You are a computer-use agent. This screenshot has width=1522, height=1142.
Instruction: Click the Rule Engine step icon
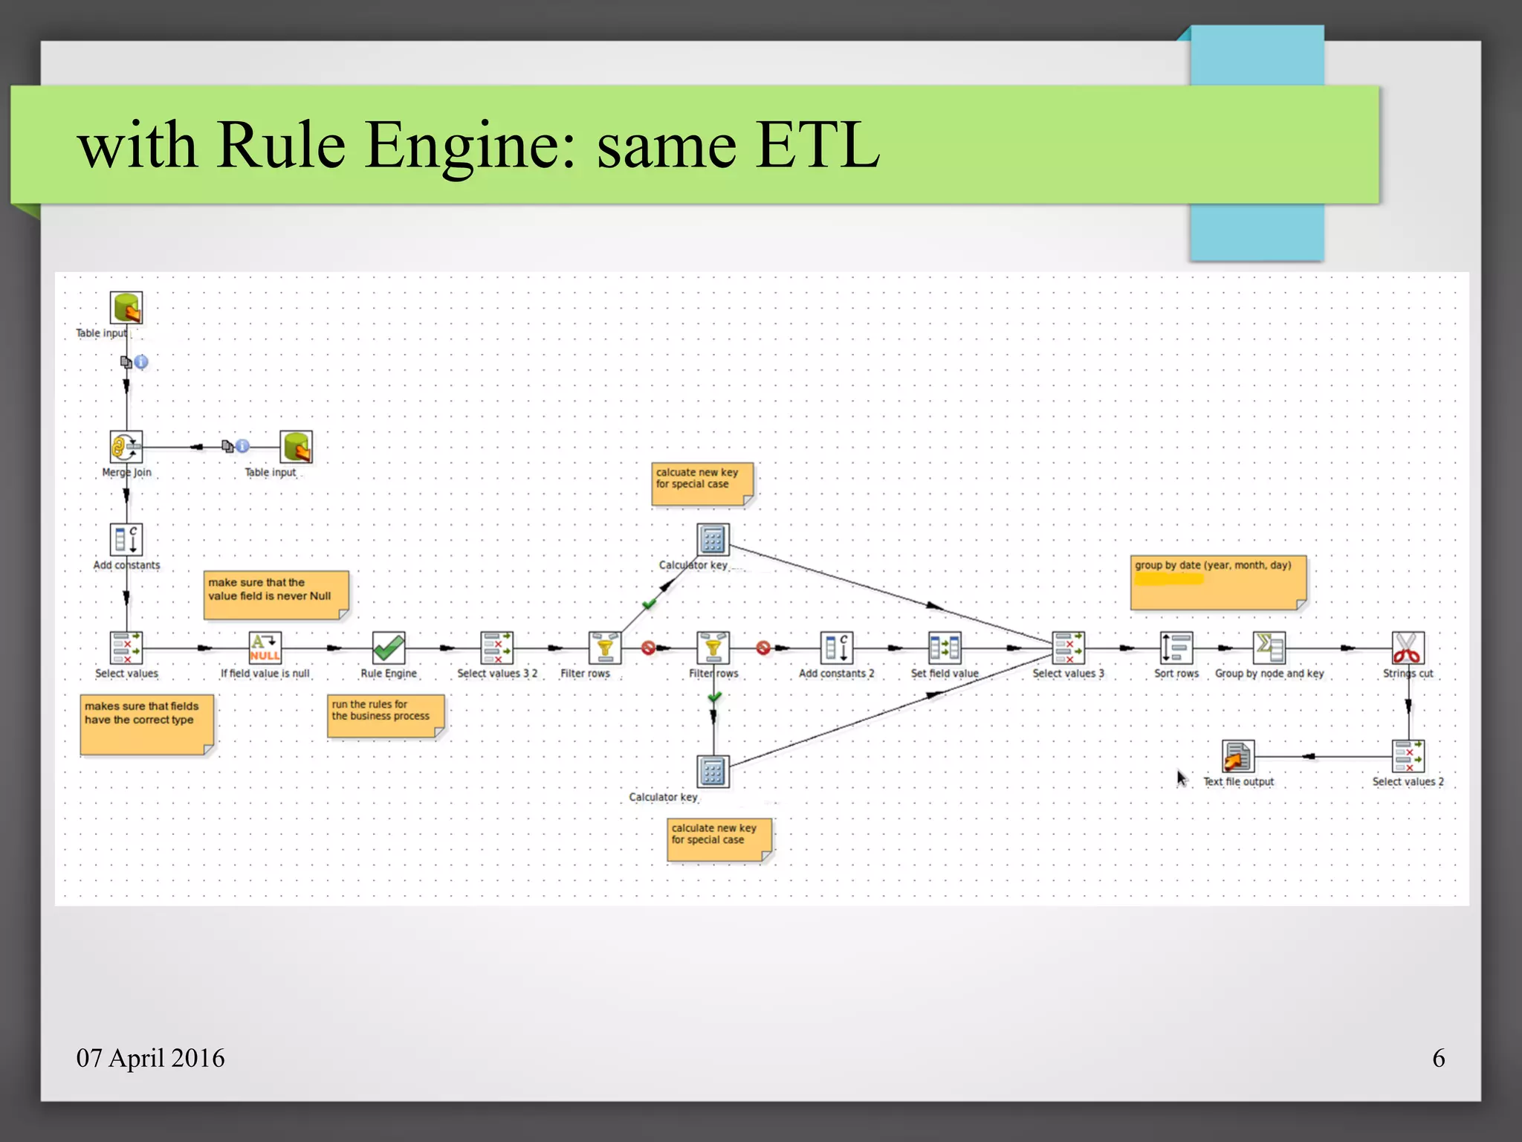coord(389,648)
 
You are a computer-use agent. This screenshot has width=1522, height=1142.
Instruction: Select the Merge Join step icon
coord(126,447)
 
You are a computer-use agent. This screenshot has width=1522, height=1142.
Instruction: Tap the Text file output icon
coord(1238,756)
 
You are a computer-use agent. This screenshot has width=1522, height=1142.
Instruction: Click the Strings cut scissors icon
coord(1408,648)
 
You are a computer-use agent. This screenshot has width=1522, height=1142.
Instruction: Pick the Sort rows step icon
coord(1176,648)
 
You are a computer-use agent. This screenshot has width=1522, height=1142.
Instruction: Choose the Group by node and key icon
coord(1269,648)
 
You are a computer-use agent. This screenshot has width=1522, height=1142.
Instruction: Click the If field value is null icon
coord(265,648)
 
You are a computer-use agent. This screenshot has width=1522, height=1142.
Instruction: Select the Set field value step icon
coord(945,648)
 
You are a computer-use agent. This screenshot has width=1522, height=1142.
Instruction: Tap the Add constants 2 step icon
coord(837,648)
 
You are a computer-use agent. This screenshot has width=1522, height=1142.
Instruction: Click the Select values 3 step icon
coord(1069,648)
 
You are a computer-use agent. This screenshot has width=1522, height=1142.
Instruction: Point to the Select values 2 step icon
coord(1408,756)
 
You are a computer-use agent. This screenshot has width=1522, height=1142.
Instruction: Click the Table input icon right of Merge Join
coord(297,447)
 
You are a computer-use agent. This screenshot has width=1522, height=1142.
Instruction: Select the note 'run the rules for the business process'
coord(385,715)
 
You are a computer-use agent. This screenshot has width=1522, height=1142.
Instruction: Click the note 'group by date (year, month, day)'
coord(1217,582)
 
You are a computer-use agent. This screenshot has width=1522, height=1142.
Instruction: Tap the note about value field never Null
coord(276,594)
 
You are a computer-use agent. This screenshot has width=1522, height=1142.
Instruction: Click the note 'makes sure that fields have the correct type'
coord(146,723)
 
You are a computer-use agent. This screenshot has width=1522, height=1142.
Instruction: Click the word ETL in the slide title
coord(817,145)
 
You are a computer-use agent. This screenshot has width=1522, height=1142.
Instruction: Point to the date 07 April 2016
coord(150,1057)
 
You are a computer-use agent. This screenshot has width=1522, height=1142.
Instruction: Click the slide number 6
coord(1439,1057)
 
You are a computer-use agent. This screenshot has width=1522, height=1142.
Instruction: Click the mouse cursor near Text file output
coord(1182,778)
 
